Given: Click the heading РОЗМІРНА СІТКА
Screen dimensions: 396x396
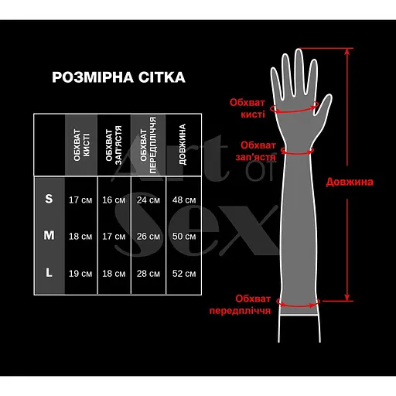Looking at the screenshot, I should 118,78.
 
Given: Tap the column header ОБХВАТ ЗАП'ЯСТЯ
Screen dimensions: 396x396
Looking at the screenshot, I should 114,144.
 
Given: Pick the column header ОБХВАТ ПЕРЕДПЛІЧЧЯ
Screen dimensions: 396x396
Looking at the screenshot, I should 148,144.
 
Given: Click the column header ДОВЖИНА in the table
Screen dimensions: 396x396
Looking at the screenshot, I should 182,144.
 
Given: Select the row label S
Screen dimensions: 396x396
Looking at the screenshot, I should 49,200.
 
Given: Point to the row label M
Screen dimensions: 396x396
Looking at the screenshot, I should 49,236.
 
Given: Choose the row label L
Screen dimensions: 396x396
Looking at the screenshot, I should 49,272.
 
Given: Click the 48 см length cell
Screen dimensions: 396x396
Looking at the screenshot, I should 183,200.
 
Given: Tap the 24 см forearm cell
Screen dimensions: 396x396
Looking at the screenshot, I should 148,200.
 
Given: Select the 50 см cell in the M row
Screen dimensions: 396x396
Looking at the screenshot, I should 183,237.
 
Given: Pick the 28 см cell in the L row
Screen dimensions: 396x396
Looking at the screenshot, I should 148,273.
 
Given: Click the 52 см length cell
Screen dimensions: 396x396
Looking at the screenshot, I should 183,273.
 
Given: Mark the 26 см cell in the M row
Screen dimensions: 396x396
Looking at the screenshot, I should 148,237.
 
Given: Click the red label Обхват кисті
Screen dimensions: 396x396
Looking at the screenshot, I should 247,108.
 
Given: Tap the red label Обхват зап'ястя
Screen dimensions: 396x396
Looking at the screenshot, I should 257,151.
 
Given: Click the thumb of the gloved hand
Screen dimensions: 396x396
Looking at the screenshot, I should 322,103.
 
